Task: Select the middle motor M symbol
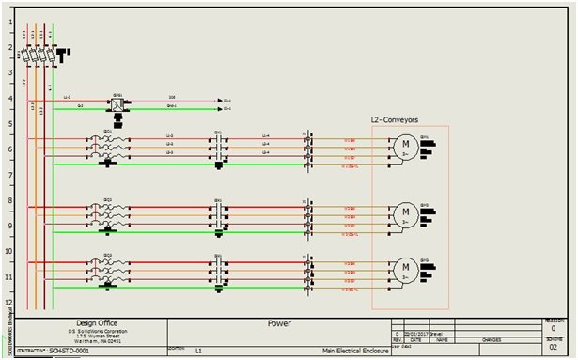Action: click(405, 211)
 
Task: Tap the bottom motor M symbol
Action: click(405, 267)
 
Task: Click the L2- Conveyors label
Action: click(394, 120)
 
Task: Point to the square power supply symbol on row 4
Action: click(118, 104)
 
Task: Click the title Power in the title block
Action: click(279, 323)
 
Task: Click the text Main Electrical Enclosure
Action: click(353, 351)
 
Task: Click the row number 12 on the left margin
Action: click(8, 302)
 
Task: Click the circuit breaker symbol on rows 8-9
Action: click(107, 212)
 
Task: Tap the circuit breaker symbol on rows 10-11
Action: click(107, 269)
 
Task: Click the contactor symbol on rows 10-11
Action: click(218, 269)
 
